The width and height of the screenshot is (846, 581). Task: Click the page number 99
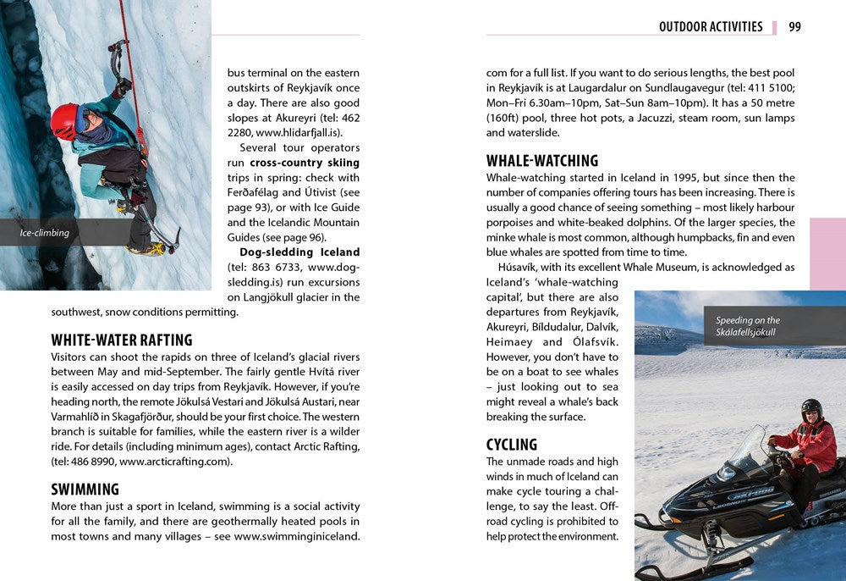[x=794, y=27]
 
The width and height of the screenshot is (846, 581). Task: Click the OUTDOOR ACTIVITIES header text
[x=711, y=27]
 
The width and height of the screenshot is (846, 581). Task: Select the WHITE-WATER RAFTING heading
[x=122, y=340]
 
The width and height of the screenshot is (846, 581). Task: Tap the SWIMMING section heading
[x=85, y=490]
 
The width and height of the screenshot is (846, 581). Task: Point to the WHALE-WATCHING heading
[x=542, y=161]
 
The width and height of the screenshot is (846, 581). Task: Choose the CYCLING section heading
[x=512, y=445]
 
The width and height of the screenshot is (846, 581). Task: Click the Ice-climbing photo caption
[x=45, y=232]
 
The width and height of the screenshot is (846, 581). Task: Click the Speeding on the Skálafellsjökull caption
[x=748, y=326]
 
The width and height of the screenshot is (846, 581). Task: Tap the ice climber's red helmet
[x=64, y=119]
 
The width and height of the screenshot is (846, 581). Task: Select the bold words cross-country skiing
[x=305, y=163]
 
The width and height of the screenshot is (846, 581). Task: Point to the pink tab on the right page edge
[x=827, y=253]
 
